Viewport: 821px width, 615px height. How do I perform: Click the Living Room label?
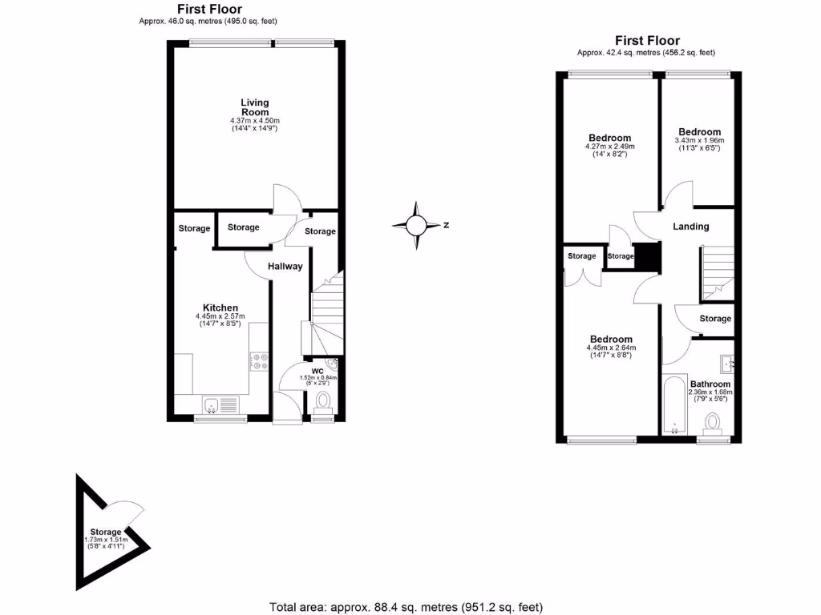click(x=255, y=107)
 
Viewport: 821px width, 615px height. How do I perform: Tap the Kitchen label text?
click(x=220, y=307)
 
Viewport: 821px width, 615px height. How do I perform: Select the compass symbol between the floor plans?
click(x=417, y=225)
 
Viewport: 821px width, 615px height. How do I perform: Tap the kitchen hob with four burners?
click(x=260, y=362)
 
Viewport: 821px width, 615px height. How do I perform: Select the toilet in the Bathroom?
click(x=710, y=423)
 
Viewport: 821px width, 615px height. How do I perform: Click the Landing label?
click(x=690, y=227)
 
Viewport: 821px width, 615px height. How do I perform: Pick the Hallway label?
click(x=285, y=267)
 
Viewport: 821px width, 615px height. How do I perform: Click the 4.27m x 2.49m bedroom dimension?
click(x=610, y=147)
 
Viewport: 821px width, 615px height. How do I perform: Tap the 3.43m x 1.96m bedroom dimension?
click(x=699, y=141)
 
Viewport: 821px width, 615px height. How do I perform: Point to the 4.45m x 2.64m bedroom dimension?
click(x=611, y=348)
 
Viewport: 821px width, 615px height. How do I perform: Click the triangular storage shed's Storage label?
click(x=105, y=532)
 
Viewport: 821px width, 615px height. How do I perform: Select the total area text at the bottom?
click(x=410, y=607)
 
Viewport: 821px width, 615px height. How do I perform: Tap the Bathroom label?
click(x=710, y=384)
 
